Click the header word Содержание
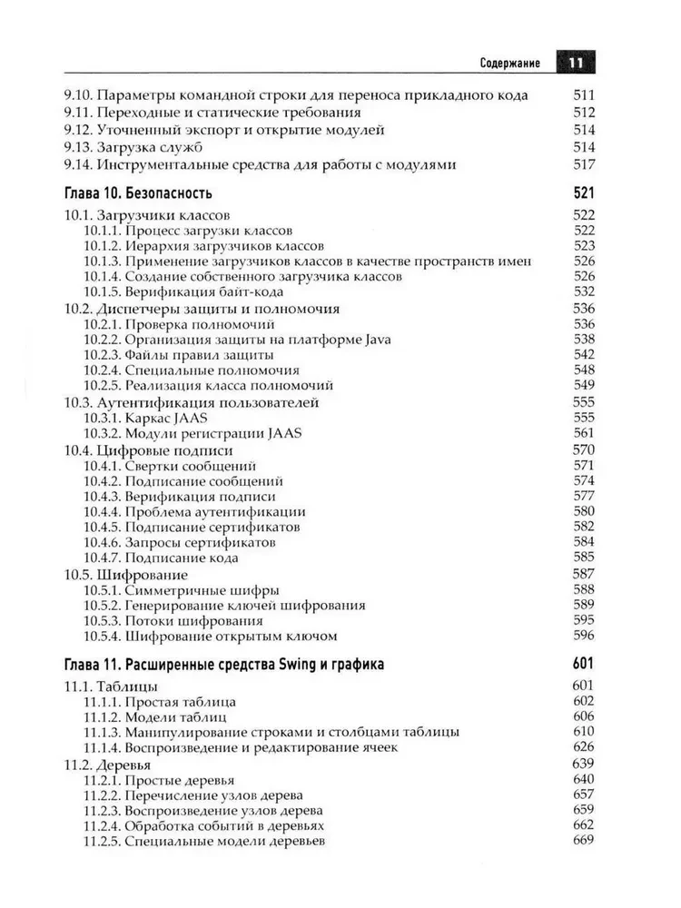tap(510, 64)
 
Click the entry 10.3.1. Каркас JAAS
tap(145, 418)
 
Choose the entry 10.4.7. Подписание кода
tap(161, 558)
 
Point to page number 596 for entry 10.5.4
tap(583, 637)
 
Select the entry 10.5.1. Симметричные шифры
tap(182, 590)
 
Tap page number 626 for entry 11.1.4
tap(583, 747)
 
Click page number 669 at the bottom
tap(583, 841)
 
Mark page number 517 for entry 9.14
tap(583, 164)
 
